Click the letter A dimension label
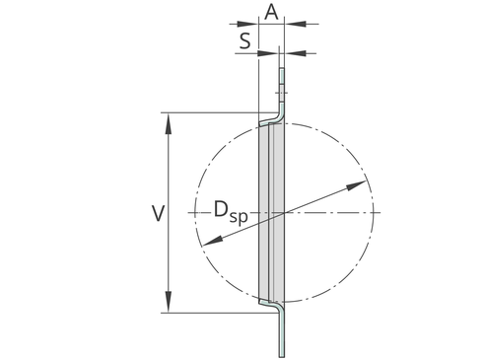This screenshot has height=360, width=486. point(271,13)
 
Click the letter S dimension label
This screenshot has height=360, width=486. point(244,41)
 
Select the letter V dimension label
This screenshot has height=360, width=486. point(158,213)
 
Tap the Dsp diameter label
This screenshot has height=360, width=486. point(231,212)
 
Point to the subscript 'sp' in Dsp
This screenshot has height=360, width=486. point(239,217)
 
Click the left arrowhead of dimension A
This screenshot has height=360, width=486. point(247,24)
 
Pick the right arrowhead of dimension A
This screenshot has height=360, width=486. point(295,24)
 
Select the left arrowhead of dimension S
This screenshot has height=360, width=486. point(268,53)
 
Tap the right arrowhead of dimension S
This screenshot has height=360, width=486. point(295,53)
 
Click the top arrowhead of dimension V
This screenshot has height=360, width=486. point(169,123)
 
